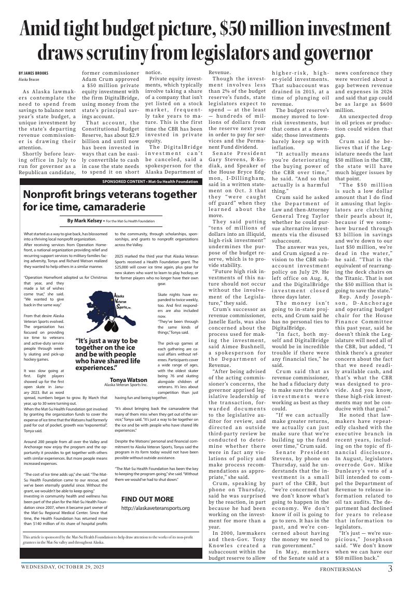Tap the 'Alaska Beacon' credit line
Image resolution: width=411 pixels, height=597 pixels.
click(x=29, y=79)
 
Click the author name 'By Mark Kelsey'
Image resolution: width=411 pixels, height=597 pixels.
click(x=85, y=221)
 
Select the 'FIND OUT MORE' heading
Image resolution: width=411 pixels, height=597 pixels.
click(x=147, y=499)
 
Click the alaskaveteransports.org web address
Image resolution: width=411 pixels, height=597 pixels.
click(x=155, y=508)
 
